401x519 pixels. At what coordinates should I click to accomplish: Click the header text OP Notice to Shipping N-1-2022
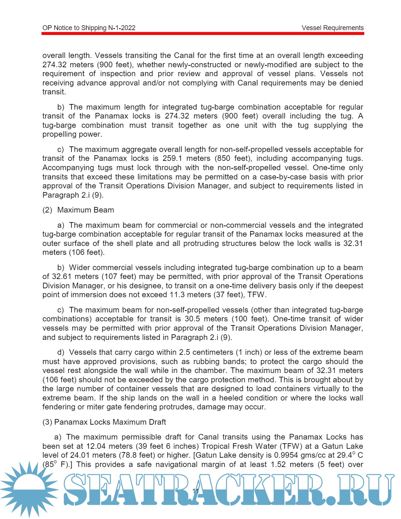click(x=89, y=28)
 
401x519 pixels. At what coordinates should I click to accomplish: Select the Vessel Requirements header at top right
click(x=332, y=28)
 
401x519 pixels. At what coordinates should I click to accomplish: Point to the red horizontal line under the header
click(x=203, y=33)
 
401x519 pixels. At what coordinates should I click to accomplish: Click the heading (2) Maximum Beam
click(x=78, y=210)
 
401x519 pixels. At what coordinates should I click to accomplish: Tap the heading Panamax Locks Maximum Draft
click(x=110, y=422)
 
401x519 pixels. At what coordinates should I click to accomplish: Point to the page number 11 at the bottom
click(x=196, y=491)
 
